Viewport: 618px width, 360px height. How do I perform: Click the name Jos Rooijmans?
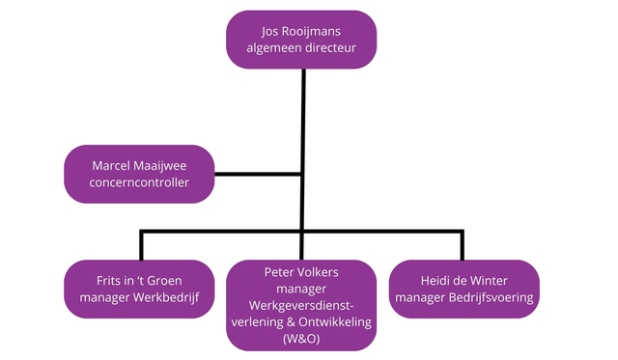pyautogui.click(x=302, y=30)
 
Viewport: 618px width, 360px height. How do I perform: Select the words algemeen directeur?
pyautogui.click(x=302, y=48)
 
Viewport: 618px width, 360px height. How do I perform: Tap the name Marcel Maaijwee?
pyautogui.click(x=138, y=166)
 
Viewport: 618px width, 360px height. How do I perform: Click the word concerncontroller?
pyautogui.click(x=138, y=183)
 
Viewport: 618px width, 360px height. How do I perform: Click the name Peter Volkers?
pyautogui.click(x=302, y=271)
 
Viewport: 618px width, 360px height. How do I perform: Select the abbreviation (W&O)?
pyautogui.click(x=302, y=339)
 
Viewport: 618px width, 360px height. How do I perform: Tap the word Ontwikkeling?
pyautogui.click(x=333, y=322)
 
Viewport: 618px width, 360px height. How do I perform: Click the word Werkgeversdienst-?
pyautogui.click(x=302, y=305)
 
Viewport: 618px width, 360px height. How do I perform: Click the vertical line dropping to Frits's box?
pyautogui.click(x=142, y=245)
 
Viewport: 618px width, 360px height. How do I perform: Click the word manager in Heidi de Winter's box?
pyautogui.click(x=420, y=298)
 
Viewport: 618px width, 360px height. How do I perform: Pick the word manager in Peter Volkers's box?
pyautogui.click(x=302, y=288)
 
